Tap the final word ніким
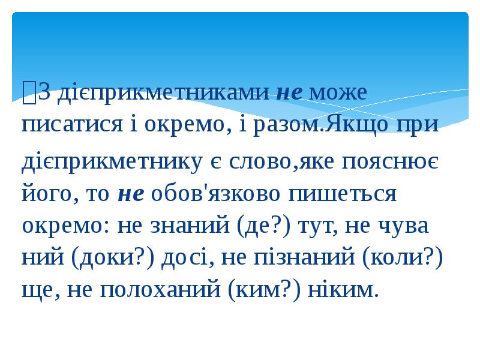tap(343, 291)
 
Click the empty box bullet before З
tap(28, 93)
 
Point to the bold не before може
tap(291, 93)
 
